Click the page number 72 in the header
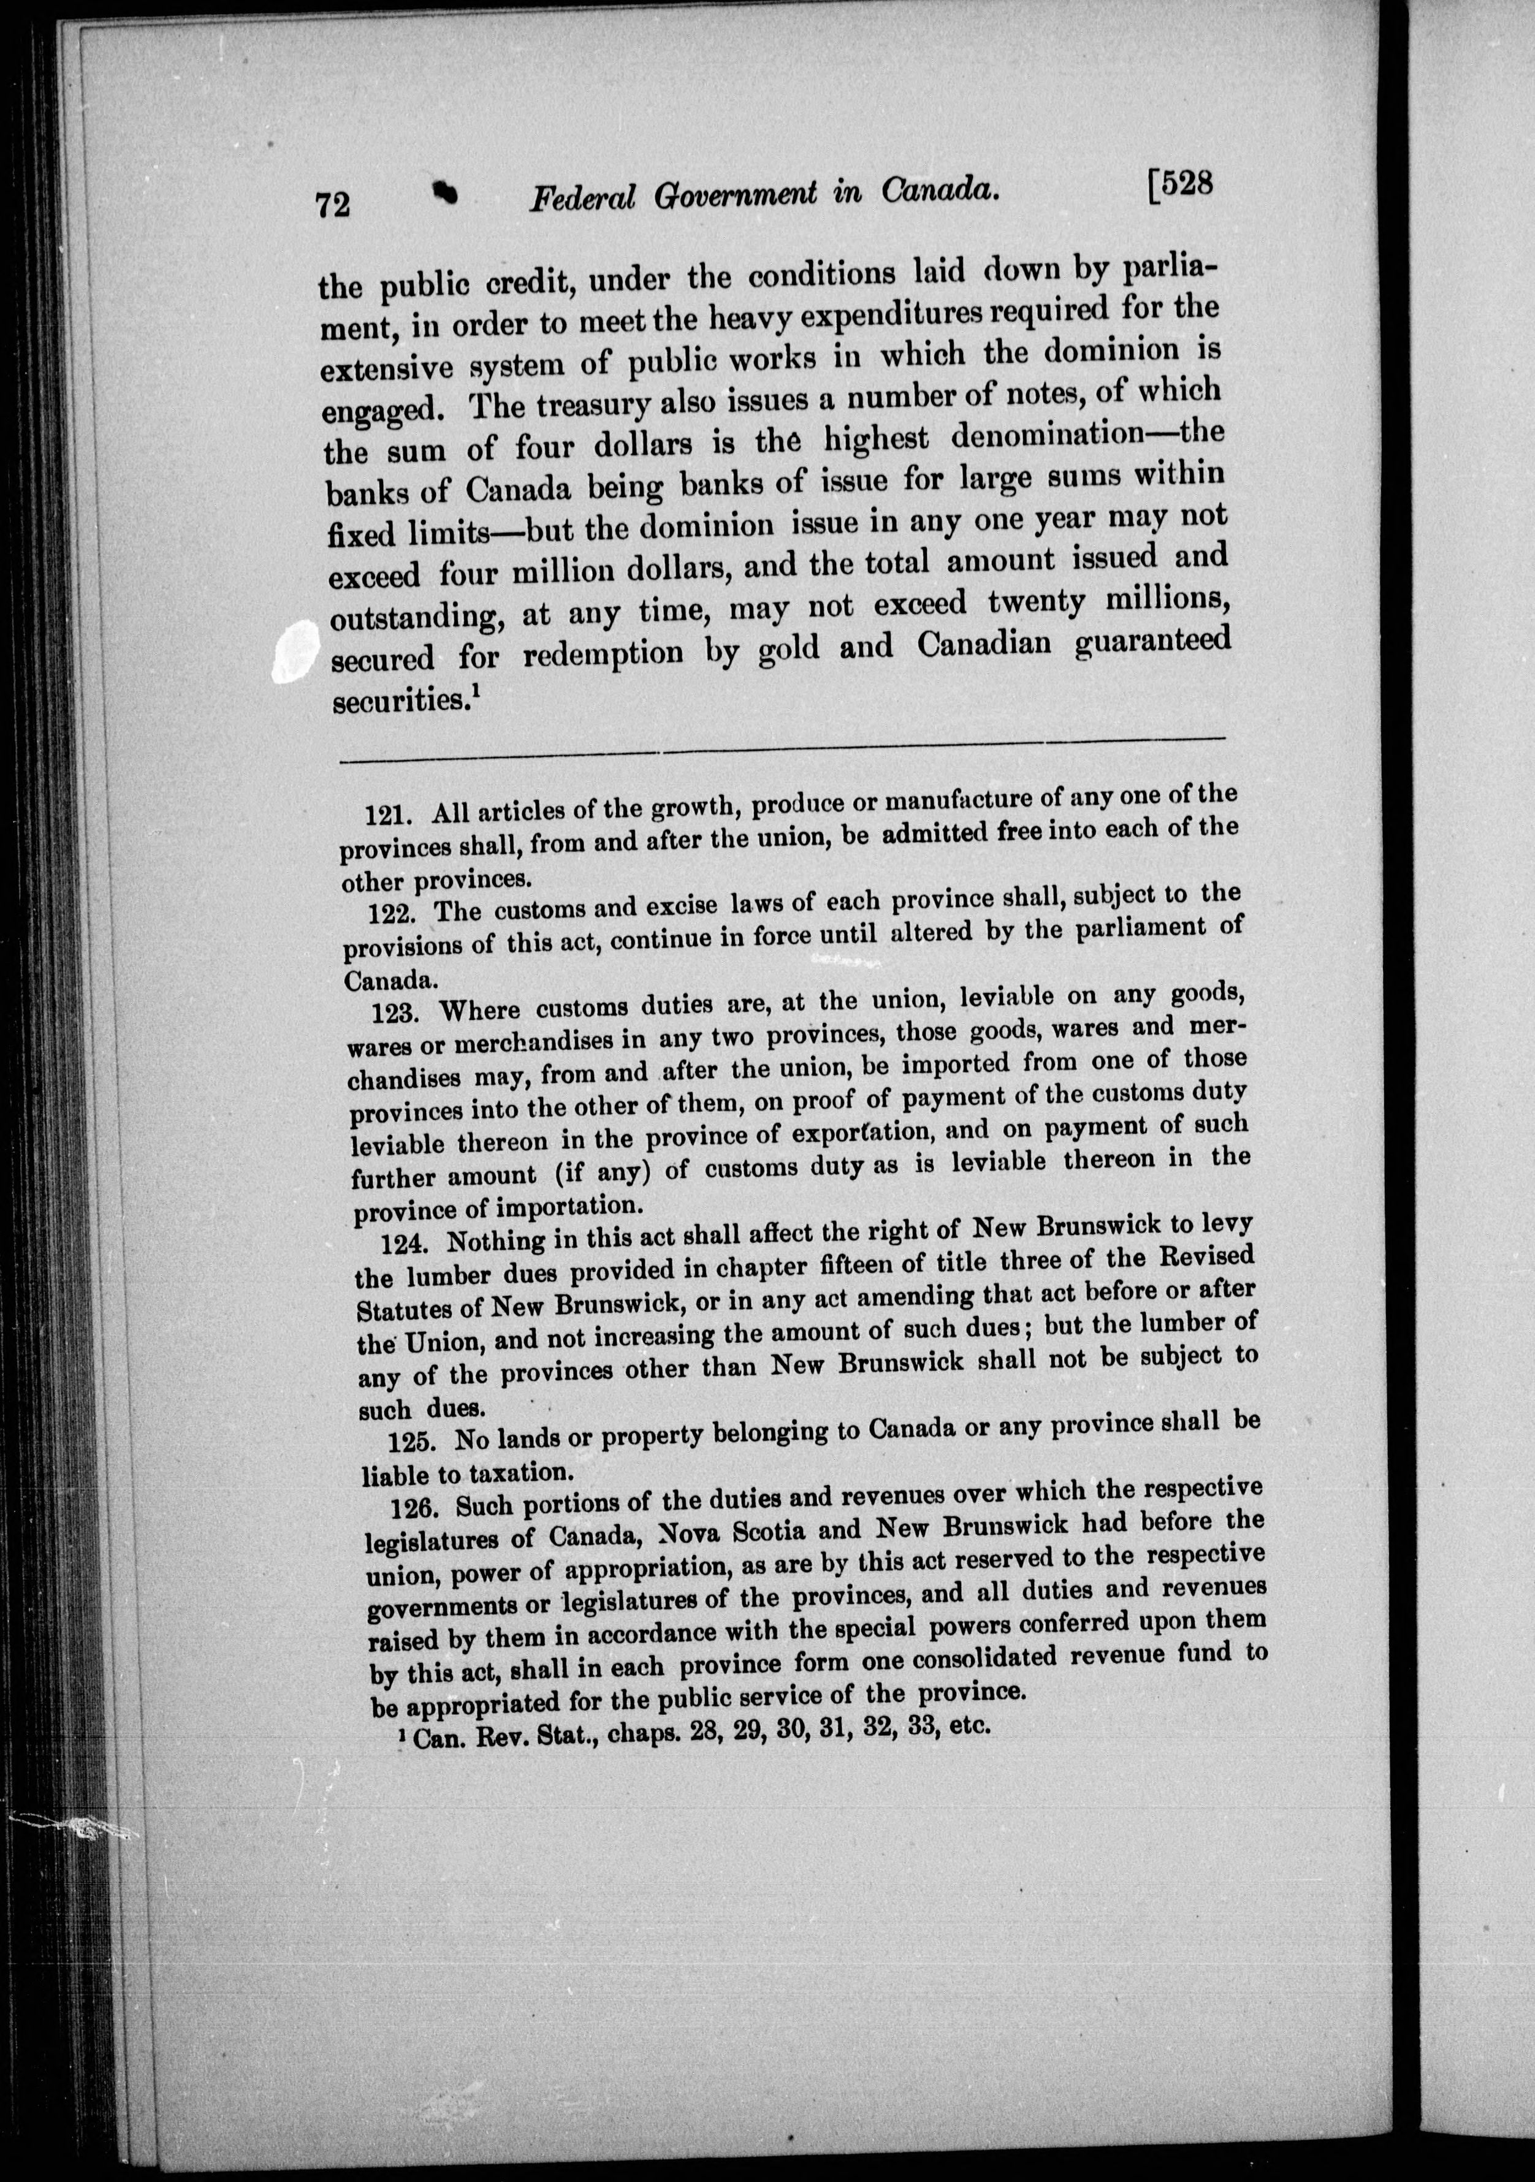pyautogui.click(x=333, y=203)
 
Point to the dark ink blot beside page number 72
pyautogui.click(x=443, y=193)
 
